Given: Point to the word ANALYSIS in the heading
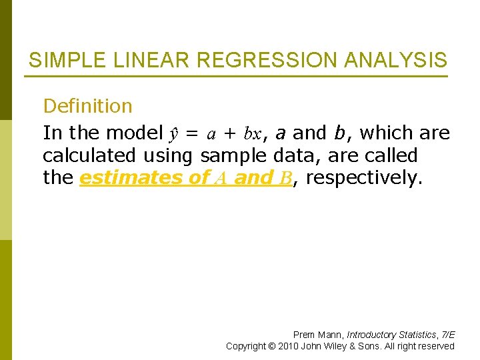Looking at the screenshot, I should pyautogui.click(x=396, y=61).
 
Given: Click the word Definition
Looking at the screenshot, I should pyautogui.click(x=87, y=106).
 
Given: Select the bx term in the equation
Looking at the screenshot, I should pyautogui.click(x=251, y=133).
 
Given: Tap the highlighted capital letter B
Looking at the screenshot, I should pyautogui.click(x=287, y=179).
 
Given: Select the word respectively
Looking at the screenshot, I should pyautogui.click(x=362, y=179).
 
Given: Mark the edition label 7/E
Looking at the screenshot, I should pyautogui.click(x=447, y=335).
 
